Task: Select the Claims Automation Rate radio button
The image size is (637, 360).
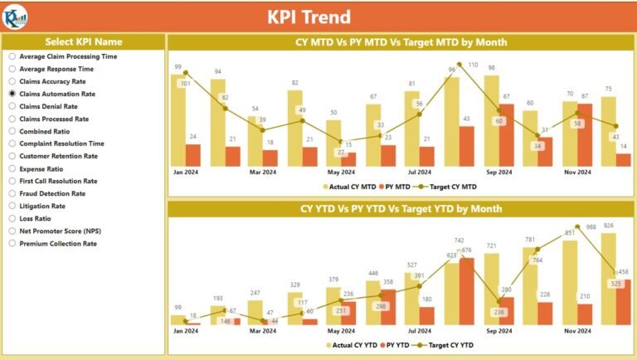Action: pyautogui.click(x=12, y=94)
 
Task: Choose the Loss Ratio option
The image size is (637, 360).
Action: pyautogui.click(x=12, y=218)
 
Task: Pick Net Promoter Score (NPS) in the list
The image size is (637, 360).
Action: pyautogui.click(x=12, y=231)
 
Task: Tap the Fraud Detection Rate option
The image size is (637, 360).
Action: pyautogui.click(x=12, y=193)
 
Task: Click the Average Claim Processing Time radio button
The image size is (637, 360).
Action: pyautogui.click(x=12, y=56)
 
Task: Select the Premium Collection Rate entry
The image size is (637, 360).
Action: pyautogui.click(x=12, y=243)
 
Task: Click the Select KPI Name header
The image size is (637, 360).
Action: pyautogui.click(x=83, y=41)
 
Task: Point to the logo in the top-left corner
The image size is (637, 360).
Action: pyautogui.click(x=15, y=16)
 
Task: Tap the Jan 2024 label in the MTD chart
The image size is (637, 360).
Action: pyautogui.click(x=185, y=173)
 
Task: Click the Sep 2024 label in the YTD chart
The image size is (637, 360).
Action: pyautogui.click(x=498, y=331)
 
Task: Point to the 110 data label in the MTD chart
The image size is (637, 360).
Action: pyautogui.click(x=473, y=65)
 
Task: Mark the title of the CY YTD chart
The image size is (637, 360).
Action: pyautogui.click(x=401, y=209)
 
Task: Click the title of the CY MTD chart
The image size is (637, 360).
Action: pyautogui.click(x=401, y=42)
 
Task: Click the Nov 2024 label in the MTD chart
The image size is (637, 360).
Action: pyautogui.click(x=577, y=173)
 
